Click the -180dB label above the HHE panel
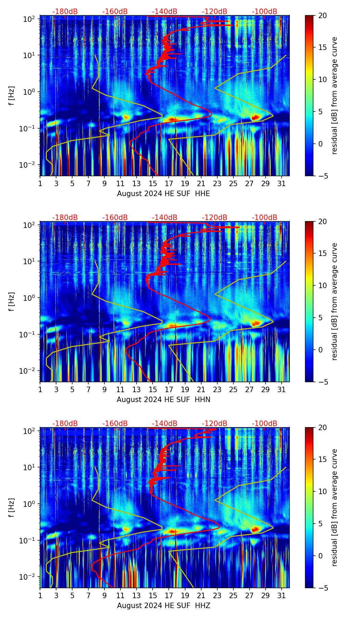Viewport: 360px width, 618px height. pos(65,12)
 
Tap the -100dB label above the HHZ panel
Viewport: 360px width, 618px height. pos(265,424)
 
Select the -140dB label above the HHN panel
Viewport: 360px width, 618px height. pos(165,218)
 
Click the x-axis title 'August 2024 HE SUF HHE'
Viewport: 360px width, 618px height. pos(163,194)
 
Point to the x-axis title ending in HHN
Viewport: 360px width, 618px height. pos(163,400)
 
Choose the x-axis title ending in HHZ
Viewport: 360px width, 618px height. pos(163,606)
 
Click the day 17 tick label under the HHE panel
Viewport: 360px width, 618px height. pos(169,183)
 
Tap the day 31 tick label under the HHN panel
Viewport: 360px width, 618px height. pos(282,389)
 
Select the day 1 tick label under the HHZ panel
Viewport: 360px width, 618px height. pos(40,595)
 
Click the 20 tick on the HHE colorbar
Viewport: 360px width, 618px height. pos(323,15)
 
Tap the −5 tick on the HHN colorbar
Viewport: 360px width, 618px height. pos(323,382)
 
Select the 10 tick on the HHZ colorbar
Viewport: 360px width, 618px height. pos(323,491)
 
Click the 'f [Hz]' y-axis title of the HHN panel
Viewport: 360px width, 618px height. pos(12,301)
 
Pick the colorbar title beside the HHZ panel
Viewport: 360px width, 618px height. pos(334,507)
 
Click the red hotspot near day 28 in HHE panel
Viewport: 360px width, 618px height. pos(255,117)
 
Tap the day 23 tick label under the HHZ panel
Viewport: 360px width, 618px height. pos(217,595)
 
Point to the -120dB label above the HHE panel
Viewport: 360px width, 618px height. pos(215,12)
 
